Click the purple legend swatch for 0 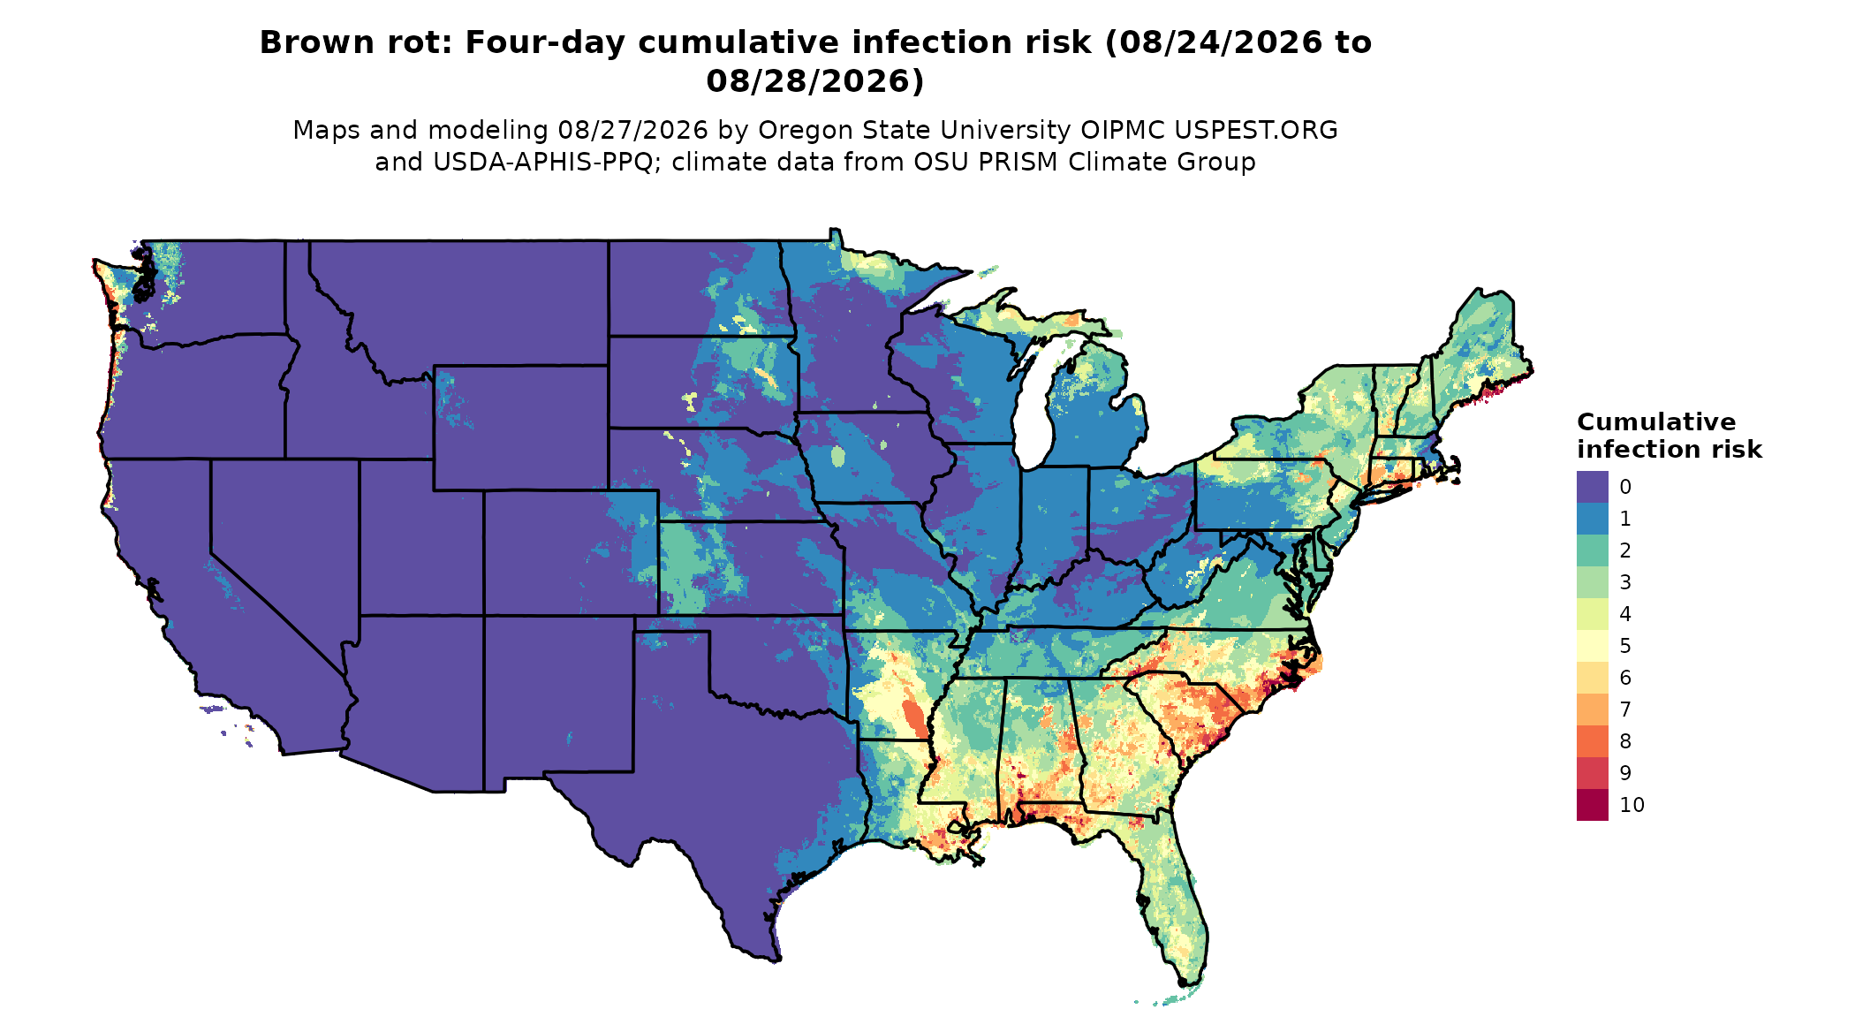tap(1592, 487)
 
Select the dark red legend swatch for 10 tap(1592, 805)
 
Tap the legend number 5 tap(1625, 646)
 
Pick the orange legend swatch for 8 tap(1592, 741)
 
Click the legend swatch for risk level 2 tap(1592, 550)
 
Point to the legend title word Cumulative tap(1656, 421)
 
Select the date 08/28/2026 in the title tap(815, 81)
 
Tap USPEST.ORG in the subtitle tap(1256, 130)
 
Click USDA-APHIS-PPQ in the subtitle tap(547, 163)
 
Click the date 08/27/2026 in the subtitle tap(633, 130)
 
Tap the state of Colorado tap(571, 552)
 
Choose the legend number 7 tap(1625, 709)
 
